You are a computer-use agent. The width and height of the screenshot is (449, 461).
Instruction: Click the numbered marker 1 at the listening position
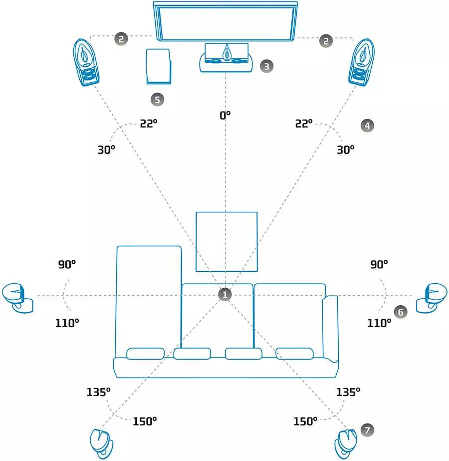click(x=225, y=294)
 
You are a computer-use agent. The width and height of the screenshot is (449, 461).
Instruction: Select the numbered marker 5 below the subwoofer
click(x=158, y=99)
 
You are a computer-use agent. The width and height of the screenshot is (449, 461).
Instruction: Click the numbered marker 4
click(x=367, y=125)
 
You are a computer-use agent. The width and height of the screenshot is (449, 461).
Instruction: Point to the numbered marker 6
click(x=400, y=312)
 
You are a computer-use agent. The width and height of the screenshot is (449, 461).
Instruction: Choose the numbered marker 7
click(x=367, y=430)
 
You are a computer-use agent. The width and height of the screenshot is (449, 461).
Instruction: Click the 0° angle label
click(x=225, y=115)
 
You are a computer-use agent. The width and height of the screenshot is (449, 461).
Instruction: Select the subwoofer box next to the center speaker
click(x=159, y=66)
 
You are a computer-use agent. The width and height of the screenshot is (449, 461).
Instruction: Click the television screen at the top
click(x=225, y=21)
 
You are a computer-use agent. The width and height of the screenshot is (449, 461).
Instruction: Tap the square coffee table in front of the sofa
click(x=226, y=241)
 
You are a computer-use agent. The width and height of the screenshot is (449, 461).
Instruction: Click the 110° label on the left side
click(x=67, y=323)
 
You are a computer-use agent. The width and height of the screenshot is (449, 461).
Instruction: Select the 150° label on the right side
click(x=305, y=421)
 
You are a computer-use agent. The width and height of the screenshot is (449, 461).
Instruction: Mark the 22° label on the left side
click(x=149, y=124)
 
